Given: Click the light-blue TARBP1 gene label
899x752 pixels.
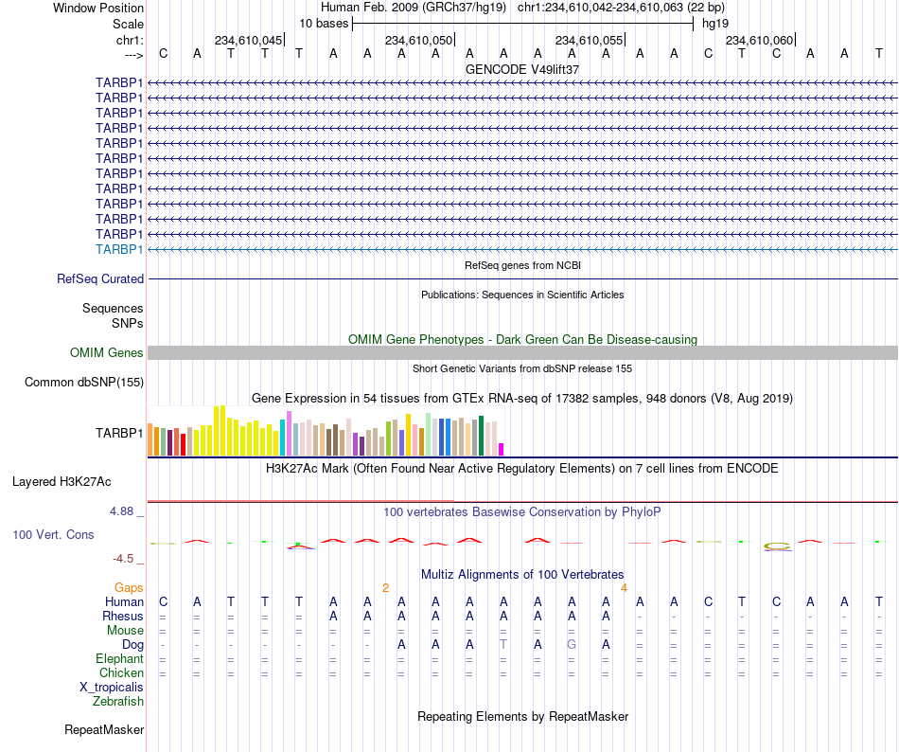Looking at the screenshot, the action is tap(119, 249).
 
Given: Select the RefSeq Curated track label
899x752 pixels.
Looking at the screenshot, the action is tap(100, 278).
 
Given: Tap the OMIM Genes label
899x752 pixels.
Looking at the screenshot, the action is tap(107, 352).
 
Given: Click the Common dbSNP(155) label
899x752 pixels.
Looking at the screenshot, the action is tap(84, 382).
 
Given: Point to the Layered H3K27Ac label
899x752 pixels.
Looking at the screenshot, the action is tap(62, 482).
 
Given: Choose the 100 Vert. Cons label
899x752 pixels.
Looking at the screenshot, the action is tap(53, 534).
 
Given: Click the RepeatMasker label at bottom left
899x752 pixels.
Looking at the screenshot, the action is tap(104, 729).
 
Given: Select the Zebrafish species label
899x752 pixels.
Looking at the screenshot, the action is tap(118, 701).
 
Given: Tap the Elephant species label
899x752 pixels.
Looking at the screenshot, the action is tap(119, 658).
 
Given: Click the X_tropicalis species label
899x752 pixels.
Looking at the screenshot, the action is tap(112, 687).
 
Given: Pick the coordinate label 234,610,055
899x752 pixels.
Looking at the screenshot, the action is tap(589, 40).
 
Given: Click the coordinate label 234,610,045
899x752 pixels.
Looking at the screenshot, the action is tap(248, 40).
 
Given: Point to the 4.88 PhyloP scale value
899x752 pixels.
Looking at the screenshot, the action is tap(121, 511).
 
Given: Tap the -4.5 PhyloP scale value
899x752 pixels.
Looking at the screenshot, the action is tap(123, 558).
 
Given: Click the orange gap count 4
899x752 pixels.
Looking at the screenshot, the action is tap(624, 587).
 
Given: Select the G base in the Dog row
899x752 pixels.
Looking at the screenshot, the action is tap(571, 644).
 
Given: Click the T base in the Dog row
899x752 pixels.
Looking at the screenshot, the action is tap(502, 644).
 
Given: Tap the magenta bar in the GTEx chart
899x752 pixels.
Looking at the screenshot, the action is tap(502, 449).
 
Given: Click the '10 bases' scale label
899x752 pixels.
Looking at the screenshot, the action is tap(324, 24).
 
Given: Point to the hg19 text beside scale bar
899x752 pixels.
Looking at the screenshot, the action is tap(715, 24).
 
